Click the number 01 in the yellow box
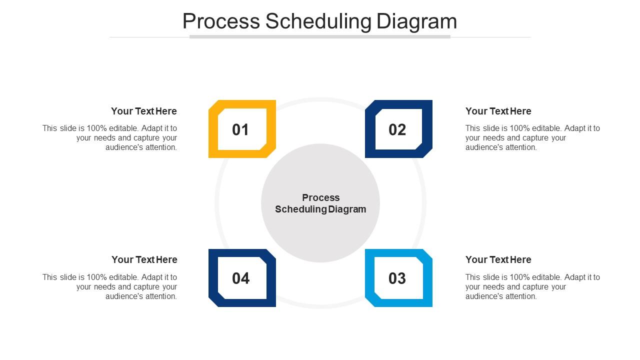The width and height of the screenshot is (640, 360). pyautogui.click(x=240, y=130)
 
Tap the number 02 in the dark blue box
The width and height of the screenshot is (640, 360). pyautogui.click(x=397, y=130)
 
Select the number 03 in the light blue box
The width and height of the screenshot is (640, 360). pyautogui.click(x=397, y=278)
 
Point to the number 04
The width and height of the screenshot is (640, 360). pyautogui.click(x=240, y=278)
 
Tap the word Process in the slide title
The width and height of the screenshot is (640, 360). pyautogui.click(x=221, y=21)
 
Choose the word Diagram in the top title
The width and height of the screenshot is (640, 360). pyautogui.click(x=416, y=21)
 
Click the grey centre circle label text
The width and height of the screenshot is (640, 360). pyautogui.click(x=320, y=203)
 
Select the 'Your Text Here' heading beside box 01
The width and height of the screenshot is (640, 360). pyautogui.click(x=144, y=111)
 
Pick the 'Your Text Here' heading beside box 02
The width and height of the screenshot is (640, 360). pyautogui.click(x=498, y=111)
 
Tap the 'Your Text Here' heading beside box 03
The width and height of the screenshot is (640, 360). pyautogui.click(x=498, y=259)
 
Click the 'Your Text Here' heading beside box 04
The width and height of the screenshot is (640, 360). pyautogui.click(x=144, y=259)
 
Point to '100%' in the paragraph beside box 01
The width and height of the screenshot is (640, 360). pyautogui.click(x=97, y=128)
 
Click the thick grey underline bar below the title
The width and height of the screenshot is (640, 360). pyautogui.click(x=320, y=36)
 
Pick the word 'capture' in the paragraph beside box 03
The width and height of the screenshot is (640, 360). pyautogui.click(x=535, y=287)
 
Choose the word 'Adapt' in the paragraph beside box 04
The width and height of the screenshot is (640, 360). pyautogui.click(x=152, y=277)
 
